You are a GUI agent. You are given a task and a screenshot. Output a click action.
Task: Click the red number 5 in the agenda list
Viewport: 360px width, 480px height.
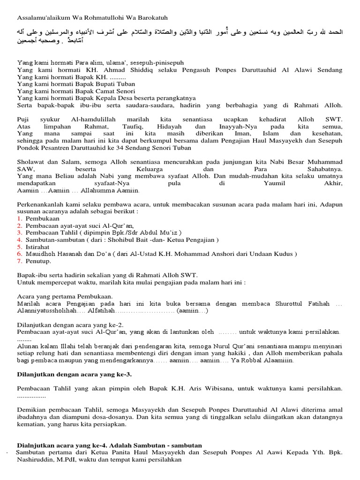click(x=19, y=247)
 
